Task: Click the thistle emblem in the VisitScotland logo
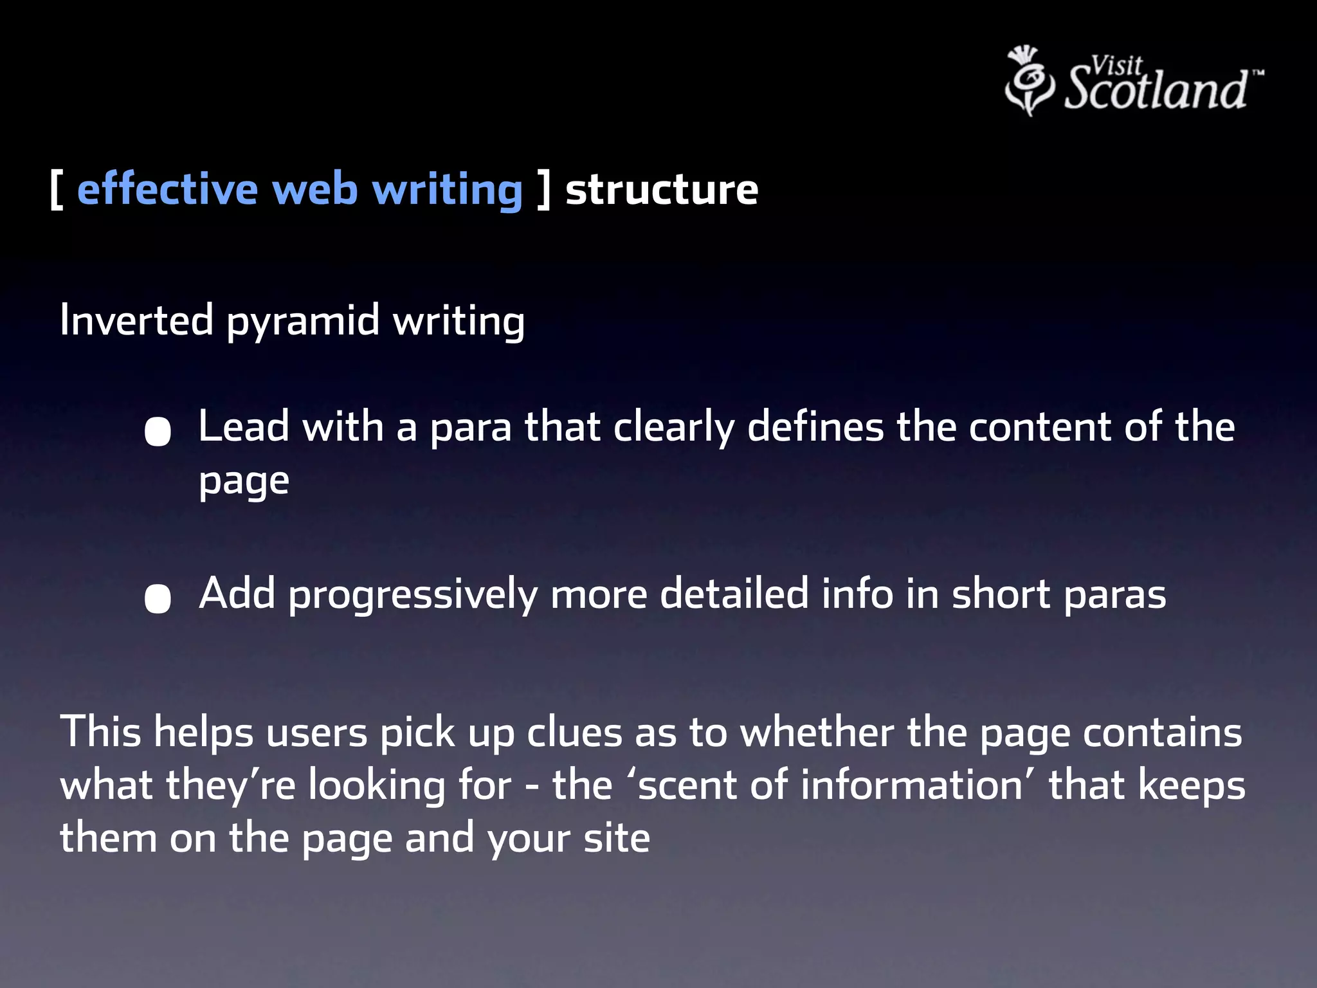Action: coord(1029,80)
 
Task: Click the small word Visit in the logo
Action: coord(1116,65)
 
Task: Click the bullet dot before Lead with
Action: coord(158,432)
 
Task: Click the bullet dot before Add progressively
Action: coord(158,598)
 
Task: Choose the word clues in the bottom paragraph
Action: coord(574,733)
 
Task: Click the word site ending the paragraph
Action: coord(617,838)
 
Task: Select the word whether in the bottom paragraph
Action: coord(817,733)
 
